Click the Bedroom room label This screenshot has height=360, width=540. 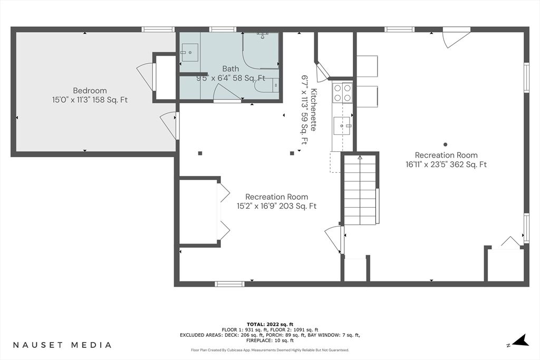(90, 91)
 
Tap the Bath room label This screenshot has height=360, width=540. (230, 69)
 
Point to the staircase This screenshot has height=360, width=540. (360, 189)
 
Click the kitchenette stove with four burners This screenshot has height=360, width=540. (342, 93)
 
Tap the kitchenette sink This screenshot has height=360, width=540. (342, 126)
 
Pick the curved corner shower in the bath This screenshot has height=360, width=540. (261, 50)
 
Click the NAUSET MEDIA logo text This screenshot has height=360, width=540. (62, 345)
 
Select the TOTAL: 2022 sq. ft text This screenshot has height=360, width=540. (269, 324)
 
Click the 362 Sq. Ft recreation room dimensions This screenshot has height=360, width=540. (442, 164)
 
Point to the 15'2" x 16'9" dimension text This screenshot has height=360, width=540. (276, 206)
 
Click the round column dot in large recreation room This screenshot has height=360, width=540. (445, 144)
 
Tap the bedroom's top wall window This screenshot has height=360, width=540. (158, 30)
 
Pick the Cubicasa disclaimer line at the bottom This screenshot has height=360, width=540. (269, 350)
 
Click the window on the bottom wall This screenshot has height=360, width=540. (229, 284)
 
